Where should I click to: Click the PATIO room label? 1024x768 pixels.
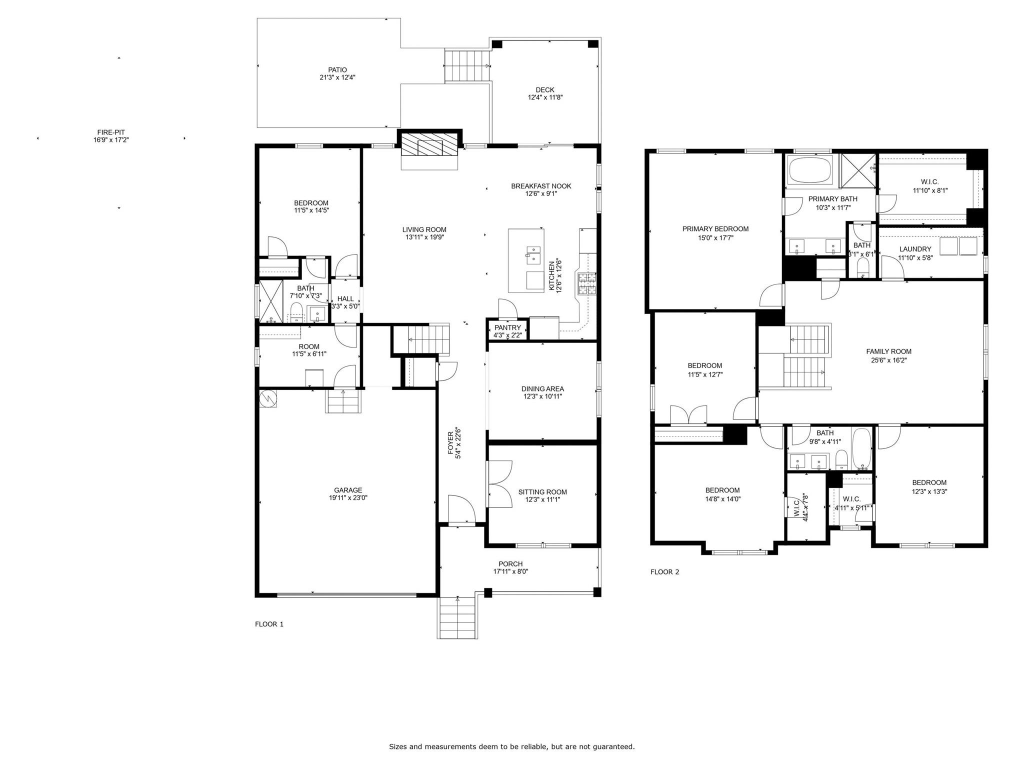tap(337, 70)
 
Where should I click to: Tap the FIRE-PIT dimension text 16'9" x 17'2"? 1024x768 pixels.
tap(111, 140)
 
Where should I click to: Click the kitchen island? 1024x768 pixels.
tap(526, 260)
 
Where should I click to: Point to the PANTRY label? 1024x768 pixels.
tap(507, 328)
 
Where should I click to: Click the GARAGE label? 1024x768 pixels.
tap(348, 490)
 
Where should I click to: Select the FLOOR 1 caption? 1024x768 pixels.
tap(269, 624)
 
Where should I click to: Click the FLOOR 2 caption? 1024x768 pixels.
tap(664, 572)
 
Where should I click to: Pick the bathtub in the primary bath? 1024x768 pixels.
tap(809, 170)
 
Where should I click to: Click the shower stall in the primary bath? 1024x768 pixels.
tap(857, 170)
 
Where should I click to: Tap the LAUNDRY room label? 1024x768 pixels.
tap(915, 249)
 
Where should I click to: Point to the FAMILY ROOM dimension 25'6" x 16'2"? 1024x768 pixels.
tap(888, 360)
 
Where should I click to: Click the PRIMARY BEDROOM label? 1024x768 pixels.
tap(715, 229)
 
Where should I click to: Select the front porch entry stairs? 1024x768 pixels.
tap(457, 618)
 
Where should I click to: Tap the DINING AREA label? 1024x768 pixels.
tap(542, 388)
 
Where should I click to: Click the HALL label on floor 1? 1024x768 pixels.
tap(345, 299)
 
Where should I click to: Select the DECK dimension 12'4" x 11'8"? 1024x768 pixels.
tap(545, 98)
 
